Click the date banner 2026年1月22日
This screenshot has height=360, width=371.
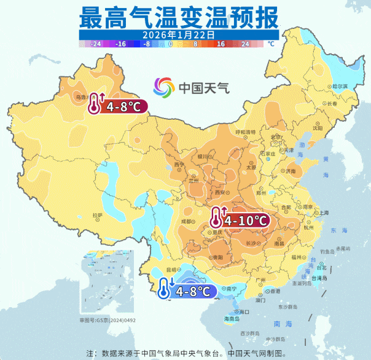tap(178, 34)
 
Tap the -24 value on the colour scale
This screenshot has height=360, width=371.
tap(95, 44)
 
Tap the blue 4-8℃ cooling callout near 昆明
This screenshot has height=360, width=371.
tap(187, 289)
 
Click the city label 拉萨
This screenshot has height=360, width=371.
tap(97, 215)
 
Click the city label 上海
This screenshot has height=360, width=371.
tap(323, 212)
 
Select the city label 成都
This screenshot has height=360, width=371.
tap(187, 220)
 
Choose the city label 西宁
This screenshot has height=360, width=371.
tap(179, 165)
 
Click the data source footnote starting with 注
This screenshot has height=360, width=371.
tap(187, 353)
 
